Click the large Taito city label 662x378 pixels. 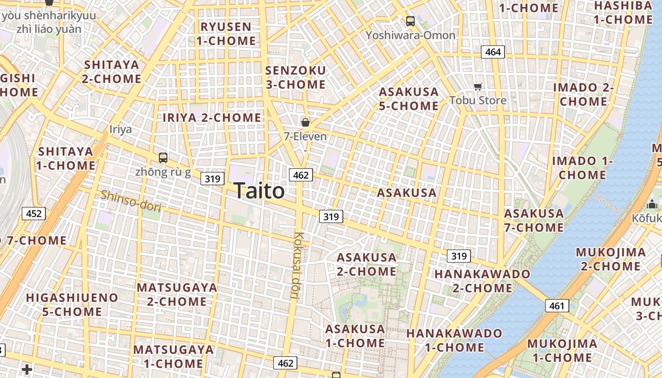[x=259, y=191]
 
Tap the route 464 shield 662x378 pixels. [x=493, y=52]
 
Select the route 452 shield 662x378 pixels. [x=34, y=214]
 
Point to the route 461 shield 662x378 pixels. [x=557, y=306]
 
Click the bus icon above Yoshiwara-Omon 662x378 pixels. [x=410, y=21]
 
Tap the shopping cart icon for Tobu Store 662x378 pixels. [x=478, y=87]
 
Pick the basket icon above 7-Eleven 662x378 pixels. [x=305, y=122]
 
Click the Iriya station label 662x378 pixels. [x=121, y=129]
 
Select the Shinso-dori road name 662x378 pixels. [x=131, y=201]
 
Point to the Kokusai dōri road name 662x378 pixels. [x=297, y=265]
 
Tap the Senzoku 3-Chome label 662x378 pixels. [x=296, y=77]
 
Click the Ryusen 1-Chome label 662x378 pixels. [x=226, y=34]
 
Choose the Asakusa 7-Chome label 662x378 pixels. [x=534, y=220]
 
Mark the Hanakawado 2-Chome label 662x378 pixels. [x=482, y=281]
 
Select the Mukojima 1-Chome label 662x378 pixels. [x=562, y=350]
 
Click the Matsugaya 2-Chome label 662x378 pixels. [x=177, y=294]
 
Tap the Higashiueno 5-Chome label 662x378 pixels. [x=72, y=304]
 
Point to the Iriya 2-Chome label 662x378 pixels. [x=212, y=118]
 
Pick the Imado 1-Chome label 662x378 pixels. [x=583, y=168]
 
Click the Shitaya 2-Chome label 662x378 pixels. [x=112, y=71]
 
